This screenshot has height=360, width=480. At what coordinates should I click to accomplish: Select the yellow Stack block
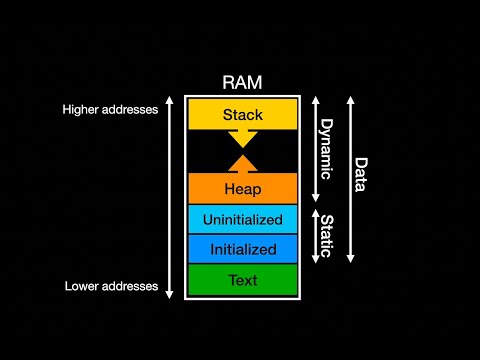pos(243,115)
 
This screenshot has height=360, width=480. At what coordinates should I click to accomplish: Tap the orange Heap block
pos(243,188)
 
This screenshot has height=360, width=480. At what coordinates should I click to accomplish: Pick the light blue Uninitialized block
pos(243,219)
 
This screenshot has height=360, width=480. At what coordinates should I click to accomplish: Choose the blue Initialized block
pos(243,249)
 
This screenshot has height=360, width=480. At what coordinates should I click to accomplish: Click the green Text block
pos(243,280)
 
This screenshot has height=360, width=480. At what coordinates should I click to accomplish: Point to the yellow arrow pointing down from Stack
pos(243,138)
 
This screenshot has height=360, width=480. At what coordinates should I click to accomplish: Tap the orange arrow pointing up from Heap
pos(243,163)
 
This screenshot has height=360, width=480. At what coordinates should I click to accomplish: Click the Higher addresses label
pos(110,109)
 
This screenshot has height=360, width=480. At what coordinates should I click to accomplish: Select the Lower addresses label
pos(111,286)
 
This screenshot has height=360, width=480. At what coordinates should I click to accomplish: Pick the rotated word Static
pos(325,234)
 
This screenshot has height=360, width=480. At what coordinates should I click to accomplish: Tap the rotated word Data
pos(360,174)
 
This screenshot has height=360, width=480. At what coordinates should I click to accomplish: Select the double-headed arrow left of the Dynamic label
pos(314,148)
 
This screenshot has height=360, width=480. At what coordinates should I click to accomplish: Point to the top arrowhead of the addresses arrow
pos(169,100)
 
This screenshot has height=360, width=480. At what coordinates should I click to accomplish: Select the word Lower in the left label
pos(83,286)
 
